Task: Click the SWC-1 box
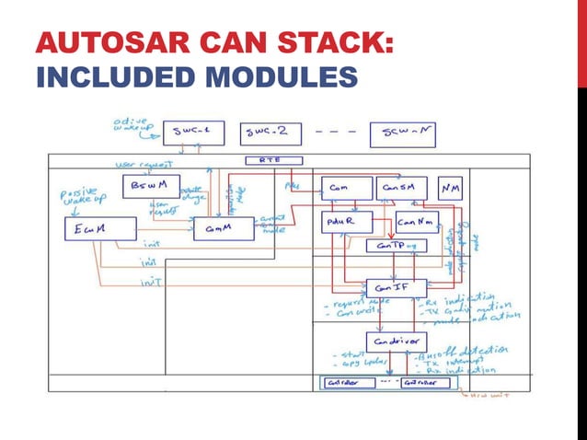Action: (192, 133)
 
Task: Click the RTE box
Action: (268, 160)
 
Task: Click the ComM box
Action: (224, 227)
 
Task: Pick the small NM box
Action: (450, 187)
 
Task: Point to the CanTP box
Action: (395, 246)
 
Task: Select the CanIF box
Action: (394, 286)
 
